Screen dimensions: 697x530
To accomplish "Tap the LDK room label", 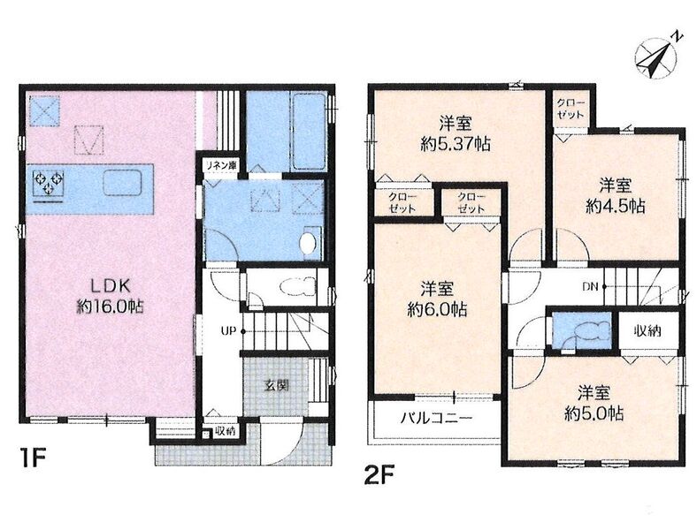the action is (111, 286).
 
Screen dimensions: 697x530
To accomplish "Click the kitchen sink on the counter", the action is (122, 183).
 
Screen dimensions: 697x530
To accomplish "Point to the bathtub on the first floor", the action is (310, 131).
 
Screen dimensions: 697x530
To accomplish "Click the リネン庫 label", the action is (220, 166).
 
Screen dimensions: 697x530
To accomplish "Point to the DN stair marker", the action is (591, 286).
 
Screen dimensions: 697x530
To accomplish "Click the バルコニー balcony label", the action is (435, 418).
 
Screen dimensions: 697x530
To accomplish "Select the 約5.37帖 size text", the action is (456, 144).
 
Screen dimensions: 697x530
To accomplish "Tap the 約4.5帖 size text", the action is (616, 206).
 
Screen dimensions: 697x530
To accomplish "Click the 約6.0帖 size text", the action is (438, 309).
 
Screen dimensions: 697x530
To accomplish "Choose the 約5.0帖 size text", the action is (594, 413).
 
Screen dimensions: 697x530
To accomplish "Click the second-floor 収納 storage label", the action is (647, 330).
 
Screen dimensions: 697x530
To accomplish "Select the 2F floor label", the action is (379, 476).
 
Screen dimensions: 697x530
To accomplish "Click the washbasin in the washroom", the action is (308, 243).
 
